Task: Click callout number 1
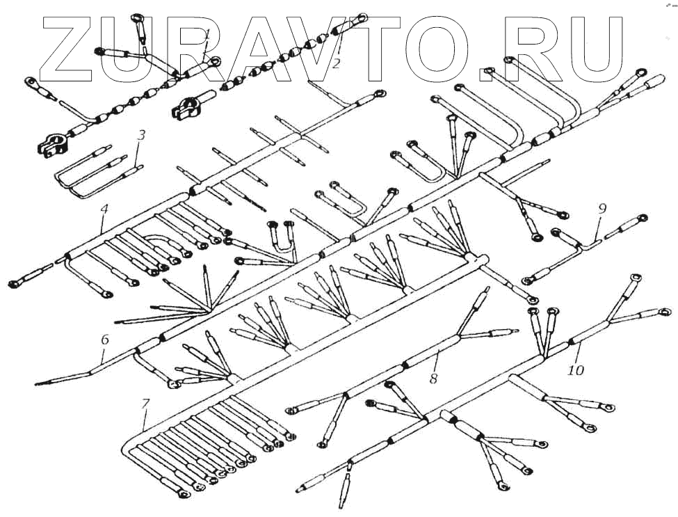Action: pos(208,35)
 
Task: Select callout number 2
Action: pos(336,64)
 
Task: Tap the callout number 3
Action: pos(141,135)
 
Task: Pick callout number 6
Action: pos(105,340)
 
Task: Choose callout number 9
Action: pos(602,208)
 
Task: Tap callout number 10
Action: pos(575,370)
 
